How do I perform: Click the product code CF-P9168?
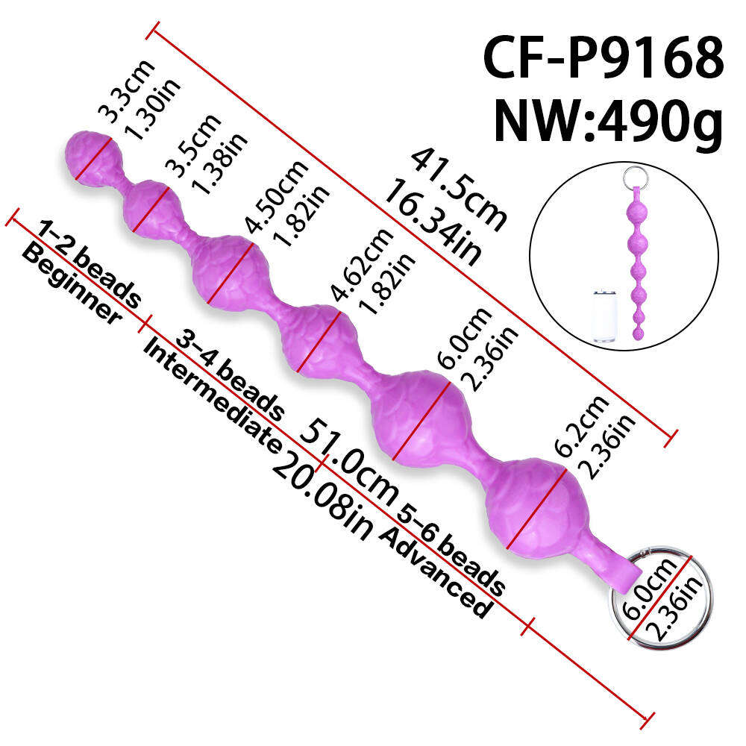click(604, 58)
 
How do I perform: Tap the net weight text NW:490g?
click(609, 121)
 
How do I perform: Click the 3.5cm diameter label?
click(193, 145)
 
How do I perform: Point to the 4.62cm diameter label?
click(363, 265)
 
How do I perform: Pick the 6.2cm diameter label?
click(581, 426)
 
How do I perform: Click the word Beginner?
click(72, 283)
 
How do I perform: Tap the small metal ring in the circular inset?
click(635, 176)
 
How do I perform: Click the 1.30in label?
click(152, 110)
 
